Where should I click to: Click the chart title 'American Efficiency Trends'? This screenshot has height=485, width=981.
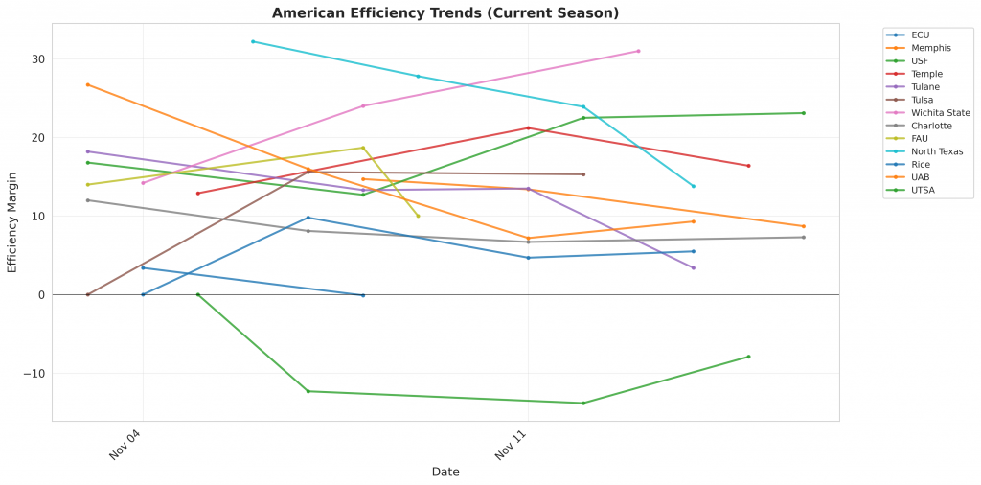point(445,13)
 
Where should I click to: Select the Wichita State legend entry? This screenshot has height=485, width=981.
point(940,113)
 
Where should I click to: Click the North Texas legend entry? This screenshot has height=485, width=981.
point(937,151)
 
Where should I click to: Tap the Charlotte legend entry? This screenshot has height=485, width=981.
point(930,126)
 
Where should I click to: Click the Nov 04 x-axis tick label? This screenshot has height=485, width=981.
point(125,446)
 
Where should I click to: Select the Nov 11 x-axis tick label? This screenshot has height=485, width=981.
point(511,446)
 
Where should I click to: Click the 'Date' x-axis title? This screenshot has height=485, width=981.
point(445,472)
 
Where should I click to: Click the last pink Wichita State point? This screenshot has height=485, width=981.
point(638,51)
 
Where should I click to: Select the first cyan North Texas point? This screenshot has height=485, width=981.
point(253,41)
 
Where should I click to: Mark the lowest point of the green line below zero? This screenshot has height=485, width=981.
point(583,404)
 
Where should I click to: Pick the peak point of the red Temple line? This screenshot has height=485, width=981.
point(528,128)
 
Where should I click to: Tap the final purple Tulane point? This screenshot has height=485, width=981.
point(694,268)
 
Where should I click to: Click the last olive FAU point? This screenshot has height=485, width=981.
point(418,216)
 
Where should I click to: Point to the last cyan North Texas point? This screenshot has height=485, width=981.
point(694,186)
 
